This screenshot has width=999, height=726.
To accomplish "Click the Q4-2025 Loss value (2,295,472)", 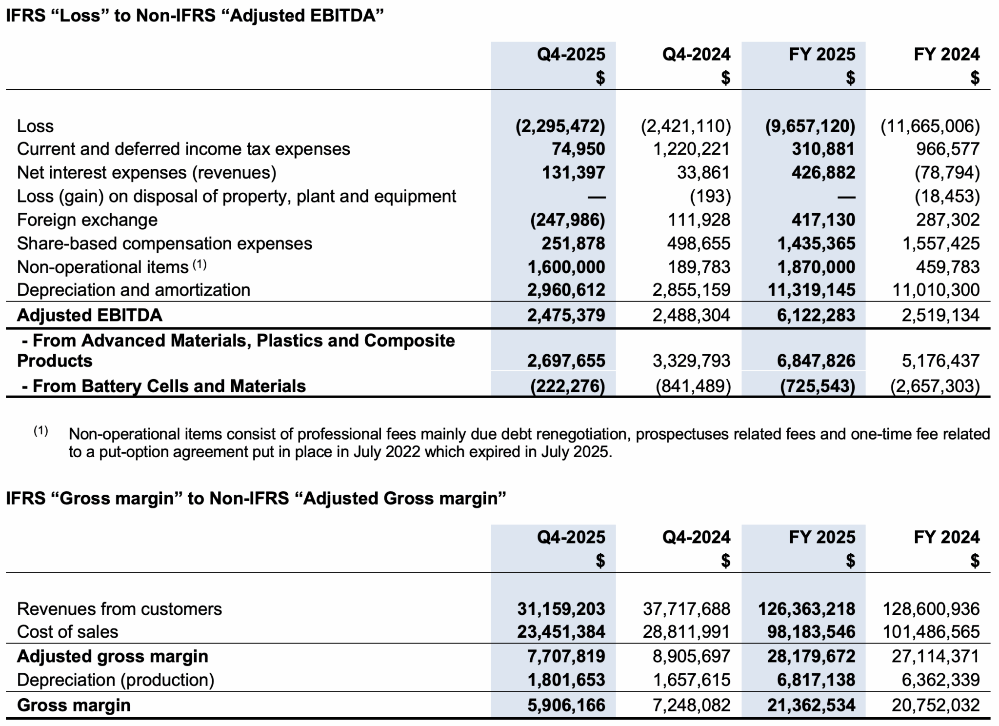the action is (x=560, y=126).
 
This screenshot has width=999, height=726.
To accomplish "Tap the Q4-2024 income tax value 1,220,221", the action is (x=692, y=149).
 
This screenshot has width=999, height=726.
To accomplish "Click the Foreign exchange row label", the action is (x=87, y=220).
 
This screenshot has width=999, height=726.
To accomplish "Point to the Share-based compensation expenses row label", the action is (x=164, y=243).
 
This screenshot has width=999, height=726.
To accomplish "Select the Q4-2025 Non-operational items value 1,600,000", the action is (x=566, y=267).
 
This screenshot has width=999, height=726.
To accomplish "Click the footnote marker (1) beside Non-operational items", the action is (x=200, y=265).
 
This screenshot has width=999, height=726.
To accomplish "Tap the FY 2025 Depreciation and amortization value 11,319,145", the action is (x=812, y=290).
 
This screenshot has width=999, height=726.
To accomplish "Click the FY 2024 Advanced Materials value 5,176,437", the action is (x=940, y=361).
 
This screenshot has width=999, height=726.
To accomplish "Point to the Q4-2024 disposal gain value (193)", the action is (x=710, y=196).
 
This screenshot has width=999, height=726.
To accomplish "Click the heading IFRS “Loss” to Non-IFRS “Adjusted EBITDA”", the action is (x=195, y=16).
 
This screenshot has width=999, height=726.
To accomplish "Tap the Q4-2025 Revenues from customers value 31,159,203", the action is (x=561, y=608).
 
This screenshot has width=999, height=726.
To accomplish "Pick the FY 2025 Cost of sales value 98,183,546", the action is (x=812, y=631).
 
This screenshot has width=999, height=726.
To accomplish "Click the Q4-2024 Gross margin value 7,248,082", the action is (x=692, y=705).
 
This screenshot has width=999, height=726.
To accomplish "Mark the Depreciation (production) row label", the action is (x=116, y=680).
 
